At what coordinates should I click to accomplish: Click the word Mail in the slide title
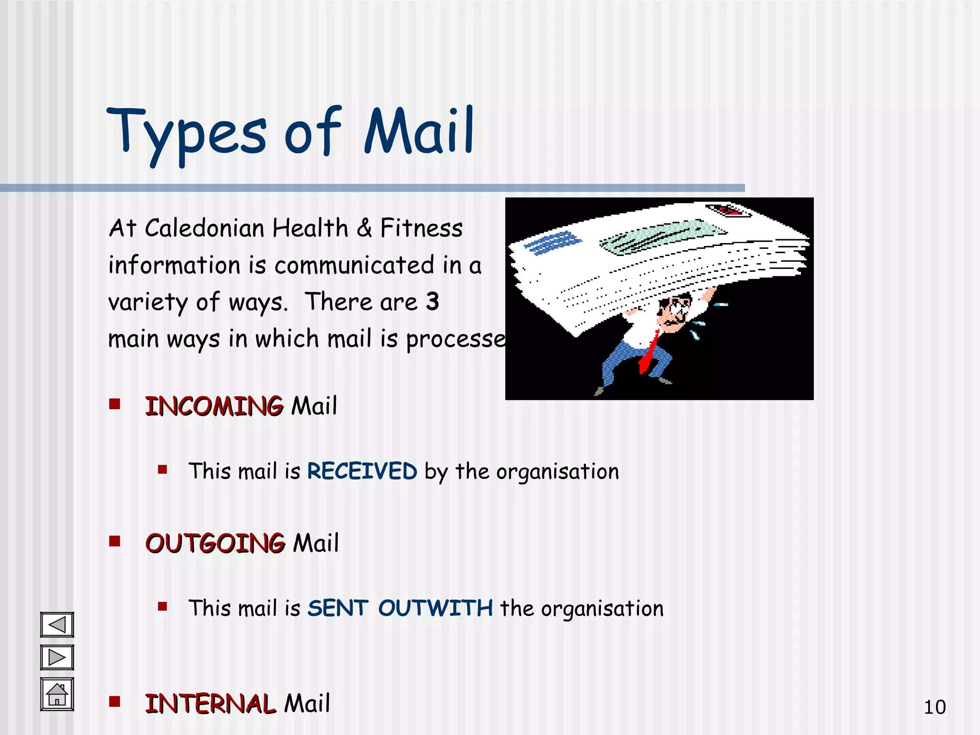pyautogui.click(x=419, y=132)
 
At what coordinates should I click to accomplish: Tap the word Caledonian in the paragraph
pyautogui.click(x=204, y=228)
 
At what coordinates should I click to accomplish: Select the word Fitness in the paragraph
pyautogui.click(x=421, y=228)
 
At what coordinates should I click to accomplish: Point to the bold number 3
pyautogui.click(x=432, y=301)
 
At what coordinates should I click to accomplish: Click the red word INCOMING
pyautogui.click(x=214, y=406)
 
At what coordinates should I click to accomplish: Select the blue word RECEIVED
pyautogui.click(x=362, y=471)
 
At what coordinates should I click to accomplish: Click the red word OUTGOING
pyautogui.click(x=215, y=544)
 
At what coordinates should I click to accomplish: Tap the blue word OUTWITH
pyautogui.click(x=435, y=608)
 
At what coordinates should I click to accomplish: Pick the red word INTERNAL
pyautogui.click(x=210, y=704)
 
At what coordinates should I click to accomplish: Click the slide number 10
pyautogui.click(x=934, y=707)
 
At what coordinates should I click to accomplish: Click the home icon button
pyautogui.click(x=57, y=694)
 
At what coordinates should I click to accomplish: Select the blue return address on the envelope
pyautogui.click(x=552, y=243)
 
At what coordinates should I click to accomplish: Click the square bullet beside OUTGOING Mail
pyautogui.click(x=114, y=541)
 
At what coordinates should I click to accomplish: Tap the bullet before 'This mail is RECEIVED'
pyautogui.click(x=163, y=469)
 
